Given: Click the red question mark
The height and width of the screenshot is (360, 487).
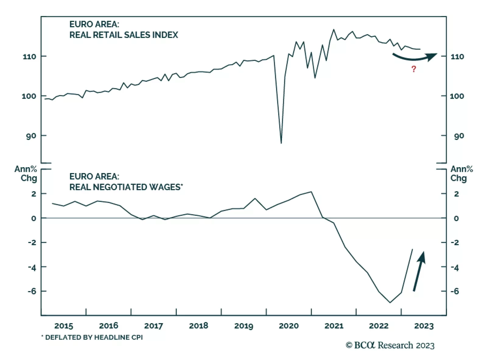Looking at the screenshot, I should pyautogui.click(x=413, y=69).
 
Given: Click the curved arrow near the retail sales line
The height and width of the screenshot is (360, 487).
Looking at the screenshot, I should pyautogui.click(x=415, y=57).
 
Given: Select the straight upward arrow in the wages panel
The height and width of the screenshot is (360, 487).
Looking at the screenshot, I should pyautogui.click(x=419, y=271).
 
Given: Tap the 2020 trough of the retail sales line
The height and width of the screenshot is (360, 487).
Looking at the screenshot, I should pyautogui.click(x=281, y=143).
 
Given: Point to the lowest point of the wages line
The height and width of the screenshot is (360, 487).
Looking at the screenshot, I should pyautogui.click(x=390, y=302).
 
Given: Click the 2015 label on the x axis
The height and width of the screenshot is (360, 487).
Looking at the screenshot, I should pyautogui.click(x=64, y=326).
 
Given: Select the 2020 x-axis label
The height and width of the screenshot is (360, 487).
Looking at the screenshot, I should pyautogui.click(x=289, y=326).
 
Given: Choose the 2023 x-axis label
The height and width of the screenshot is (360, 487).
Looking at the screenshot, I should pyautogui.click(x=424, y=326).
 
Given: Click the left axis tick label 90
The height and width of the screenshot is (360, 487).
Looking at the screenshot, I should pyautogui.click(x=31, y=136).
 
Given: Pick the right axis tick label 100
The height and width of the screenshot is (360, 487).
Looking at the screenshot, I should pyautogui.click(x=457, y=96).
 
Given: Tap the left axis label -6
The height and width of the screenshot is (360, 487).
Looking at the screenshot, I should pyautogui.click(x=32, y=291).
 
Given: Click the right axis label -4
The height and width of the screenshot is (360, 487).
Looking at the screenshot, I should pyautogui.click(x=454, y=268).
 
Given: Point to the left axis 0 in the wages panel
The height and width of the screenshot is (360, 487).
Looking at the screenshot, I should pyautogui.click(x=33, y=218).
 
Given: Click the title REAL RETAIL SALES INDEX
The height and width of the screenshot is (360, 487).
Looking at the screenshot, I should pyautogui.click(x=124, y=35).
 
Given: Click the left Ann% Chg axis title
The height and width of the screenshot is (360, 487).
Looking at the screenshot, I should pyautogui.click(x=26, y=173).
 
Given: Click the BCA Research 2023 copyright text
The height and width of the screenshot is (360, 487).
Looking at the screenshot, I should pyautogui.click(x=390, y=345).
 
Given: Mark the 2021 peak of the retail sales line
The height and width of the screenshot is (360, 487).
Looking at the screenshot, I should pyautogui.click(x=334, y=30).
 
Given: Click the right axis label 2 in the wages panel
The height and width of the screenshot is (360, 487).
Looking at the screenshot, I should pyautogui.click(x=456, y=194).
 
